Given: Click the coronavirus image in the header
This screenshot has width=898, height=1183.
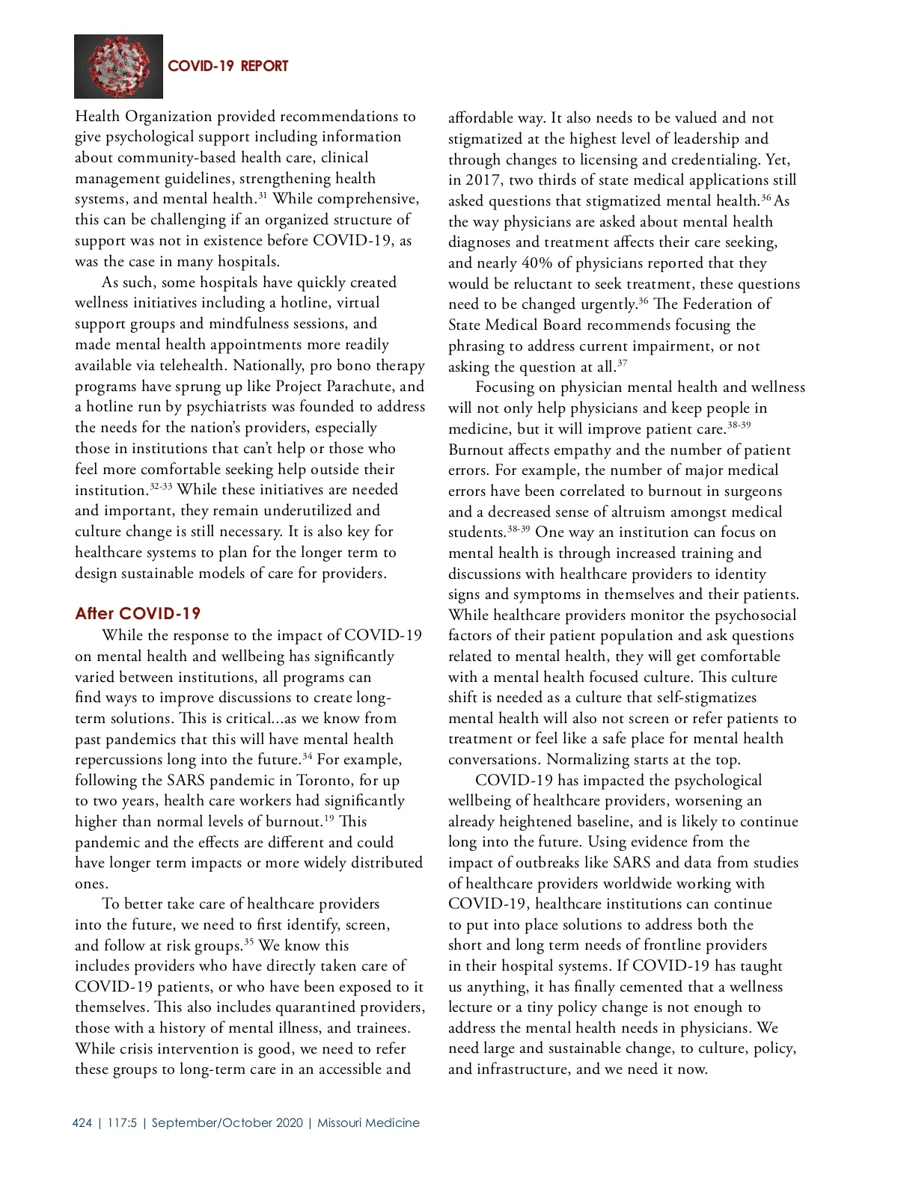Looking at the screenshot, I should coord(118,66).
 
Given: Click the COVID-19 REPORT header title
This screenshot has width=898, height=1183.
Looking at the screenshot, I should coord(227,66).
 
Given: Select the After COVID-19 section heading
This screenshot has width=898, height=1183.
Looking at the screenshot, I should coord(138,614).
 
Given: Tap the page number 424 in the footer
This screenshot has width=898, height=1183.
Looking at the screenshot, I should coord(82,1122).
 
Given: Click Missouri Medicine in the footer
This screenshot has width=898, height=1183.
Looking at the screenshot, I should coord(368,1122).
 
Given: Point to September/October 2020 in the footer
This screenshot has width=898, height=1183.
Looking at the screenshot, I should coord(227,1122).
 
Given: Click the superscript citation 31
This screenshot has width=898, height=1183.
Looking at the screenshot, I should coord(263,196).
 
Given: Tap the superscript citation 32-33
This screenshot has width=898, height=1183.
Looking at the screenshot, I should coord(161,486).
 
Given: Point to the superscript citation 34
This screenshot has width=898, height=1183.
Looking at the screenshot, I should coord(308,756).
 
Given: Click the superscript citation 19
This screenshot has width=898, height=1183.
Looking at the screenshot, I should coord(329,818).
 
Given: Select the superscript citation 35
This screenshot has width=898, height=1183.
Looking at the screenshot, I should coord(249,942).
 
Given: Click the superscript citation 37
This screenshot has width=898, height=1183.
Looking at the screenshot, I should coord(622,363).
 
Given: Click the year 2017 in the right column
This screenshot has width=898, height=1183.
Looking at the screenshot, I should coord(483,180).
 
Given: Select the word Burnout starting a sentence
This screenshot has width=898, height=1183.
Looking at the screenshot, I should coord(478,450).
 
